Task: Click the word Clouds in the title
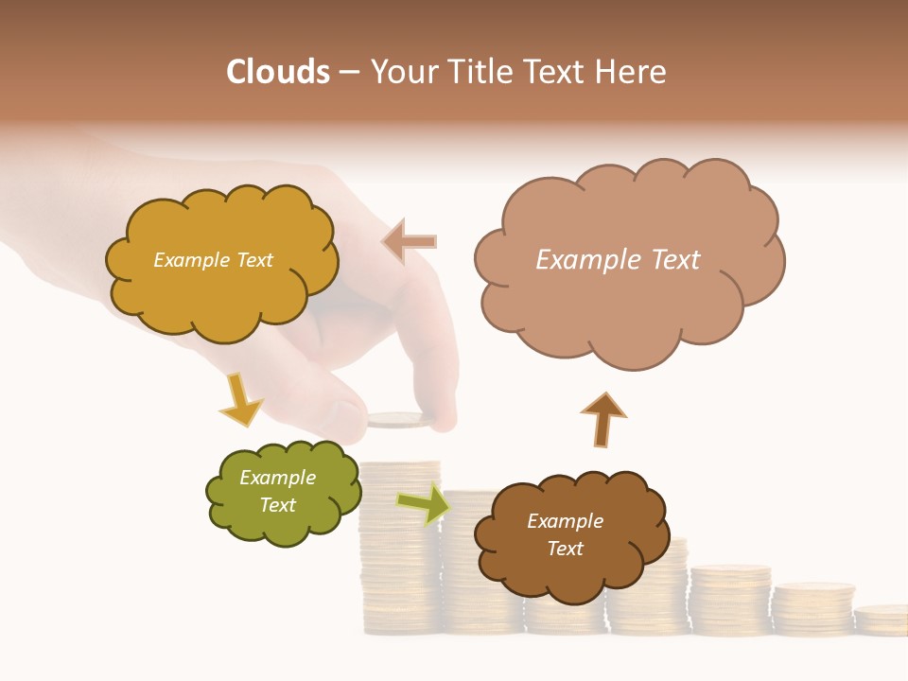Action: point(278,72)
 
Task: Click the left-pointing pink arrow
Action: point(410,241)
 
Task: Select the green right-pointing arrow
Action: point(423,504)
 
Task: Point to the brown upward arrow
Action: point(602,419)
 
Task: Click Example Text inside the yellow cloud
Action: point(213,260)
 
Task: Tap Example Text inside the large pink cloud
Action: point(618,260)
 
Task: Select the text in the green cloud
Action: point(278,492)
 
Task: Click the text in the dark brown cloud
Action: point(565,535)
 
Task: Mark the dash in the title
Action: point(349,72)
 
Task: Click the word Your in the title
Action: point(403,72)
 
